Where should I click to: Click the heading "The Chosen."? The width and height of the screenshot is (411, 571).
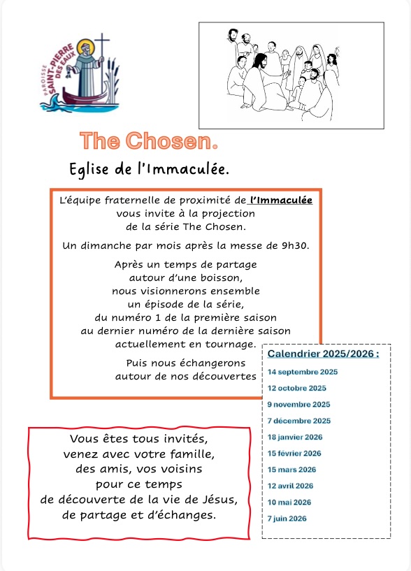coord(149,141)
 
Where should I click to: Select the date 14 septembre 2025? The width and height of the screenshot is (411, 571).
coord(303,372)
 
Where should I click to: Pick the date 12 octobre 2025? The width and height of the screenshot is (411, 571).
coord(297,388)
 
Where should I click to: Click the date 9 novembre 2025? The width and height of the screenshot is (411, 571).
coord(298,405)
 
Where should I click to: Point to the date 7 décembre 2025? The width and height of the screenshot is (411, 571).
coord(299,421)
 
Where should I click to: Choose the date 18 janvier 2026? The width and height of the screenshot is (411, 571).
coord(295,437)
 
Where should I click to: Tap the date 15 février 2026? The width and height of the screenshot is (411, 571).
coord(294,454)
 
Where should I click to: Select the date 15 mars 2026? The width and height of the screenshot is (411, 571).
coord(292,470)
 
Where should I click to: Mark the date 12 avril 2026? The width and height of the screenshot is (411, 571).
coord(291,486)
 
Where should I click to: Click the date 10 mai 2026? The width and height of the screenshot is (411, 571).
coord(289,502)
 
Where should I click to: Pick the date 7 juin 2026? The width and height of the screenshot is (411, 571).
coord(287,518)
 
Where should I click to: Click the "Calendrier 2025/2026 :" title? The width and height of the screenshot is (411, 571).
coord(324,354)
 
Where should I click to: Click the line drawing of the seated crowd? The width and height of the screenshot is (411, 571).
coord(291,75)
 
